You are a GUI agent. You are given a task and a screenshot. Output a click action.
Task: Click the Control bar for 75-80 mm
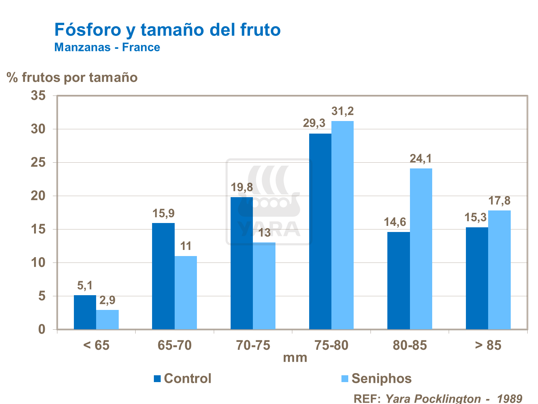pos(320,231)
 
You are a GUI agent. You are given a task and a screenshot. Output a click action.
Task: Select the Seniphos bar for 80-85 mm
pos(421,249)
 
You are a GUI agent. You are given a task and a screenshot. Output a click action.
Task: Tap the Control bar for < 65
pos(85,312)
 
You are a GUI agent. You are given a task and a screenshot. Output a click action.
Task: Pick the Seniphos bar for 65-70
pos(185,292)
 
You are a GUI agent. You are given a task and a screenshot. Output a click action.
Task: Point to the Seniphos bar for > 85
pos(499,270)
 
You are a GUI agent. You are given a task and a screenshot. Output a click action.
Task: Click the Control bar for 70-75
pos(241,263)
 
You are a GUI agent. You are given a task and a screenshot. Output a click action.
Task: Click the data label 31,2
pos(342,111)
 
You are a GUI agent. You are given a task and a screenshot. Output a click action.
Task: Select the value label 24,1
pos(421,158)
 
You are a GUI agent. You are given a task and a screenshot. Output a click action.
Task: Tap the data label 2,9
pos(107,300)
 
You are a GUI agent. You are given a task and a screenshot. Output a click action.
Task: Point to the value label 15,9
pos(163,213)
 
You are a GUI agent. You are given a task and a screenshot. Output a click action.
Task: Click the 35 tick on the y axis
pos(38,96)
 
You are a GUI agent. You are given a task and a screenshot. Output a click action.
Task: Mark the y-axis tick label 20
pos(38,196)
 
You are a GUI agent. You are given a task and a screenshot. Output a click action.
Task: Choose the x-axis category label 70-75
pos(253,345)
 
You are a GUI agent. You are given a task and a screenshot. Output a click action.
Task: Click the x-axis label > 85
pos(488,345)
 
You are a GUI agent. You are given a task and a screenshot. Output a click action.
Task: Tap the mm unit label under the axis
pos(295,358)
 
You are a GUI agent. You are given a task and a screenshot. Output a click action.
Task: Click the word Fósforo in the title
pos(88,30)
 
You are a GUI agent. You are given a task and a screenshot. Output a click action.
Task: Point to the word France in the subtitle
pos(141,47)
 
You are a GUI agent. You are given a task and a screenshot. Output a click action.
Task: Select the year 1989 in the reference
pos(509,398)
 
